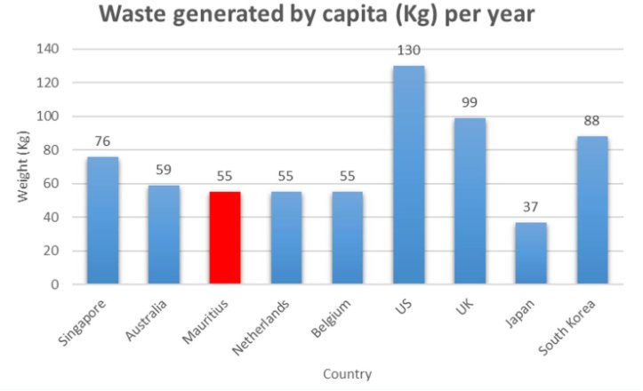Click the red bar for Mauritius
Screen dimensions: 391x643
225,237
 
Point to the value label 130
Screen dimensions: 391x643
409,52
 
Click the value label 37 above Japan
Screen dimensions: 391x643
532,208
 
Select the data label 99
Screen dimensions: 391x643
470,103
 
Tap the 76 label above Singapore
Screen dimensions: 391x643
102,141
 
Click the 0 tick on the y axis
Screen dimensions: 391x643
54,284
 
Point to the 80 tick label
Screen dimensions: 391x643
50,150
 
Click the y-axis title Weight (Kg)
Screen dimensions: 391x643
24,167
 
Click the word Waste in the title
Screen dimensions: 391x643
136,15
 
